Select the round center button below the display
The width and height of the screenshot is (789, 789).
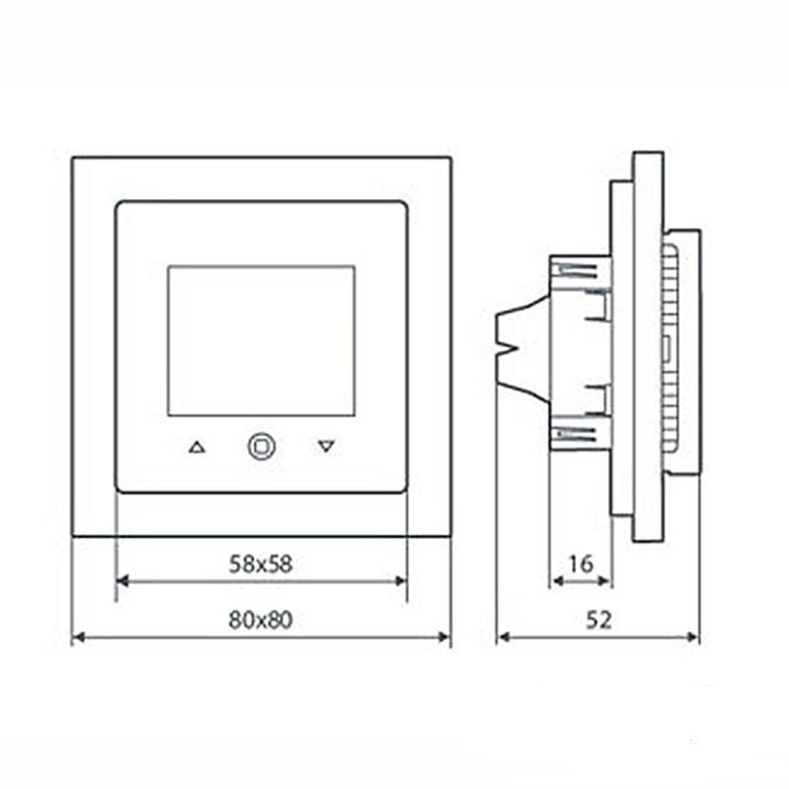tap(261, 446)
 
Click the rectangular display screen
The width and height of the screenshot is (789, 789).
tap(261, 341)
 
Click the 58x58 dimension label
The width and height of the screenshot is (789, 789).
tap(260, 564)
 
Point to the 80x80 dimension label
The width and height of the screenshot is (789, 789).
tap(260, 619)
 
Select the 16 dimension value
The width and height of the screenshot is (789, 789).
tap(581, 563)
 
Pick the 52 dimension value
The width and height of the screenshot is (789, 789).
tap(598, 619)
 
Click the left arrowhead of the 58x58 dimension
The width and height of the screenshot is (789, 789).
tap(121, 581)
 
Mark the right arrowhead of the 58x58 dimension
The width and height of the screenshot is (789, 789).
tap(402, 581)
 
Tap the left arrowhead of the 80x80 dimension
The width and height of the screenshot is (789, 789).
tap(77, 636)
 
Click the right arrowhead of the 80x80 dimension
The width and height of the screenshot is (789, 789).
tap(445, 636)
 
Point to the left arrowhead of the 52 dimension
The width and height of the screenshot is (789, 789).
tap(503, 636)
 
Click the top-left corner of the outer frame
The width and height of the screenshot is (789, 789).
tap(73, 158)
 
